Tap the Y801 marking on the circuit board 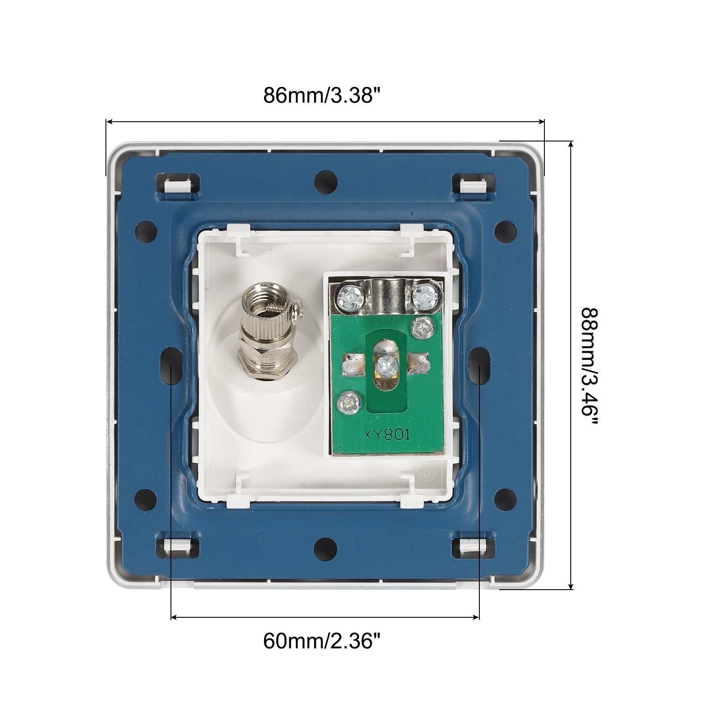[388, 435]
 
